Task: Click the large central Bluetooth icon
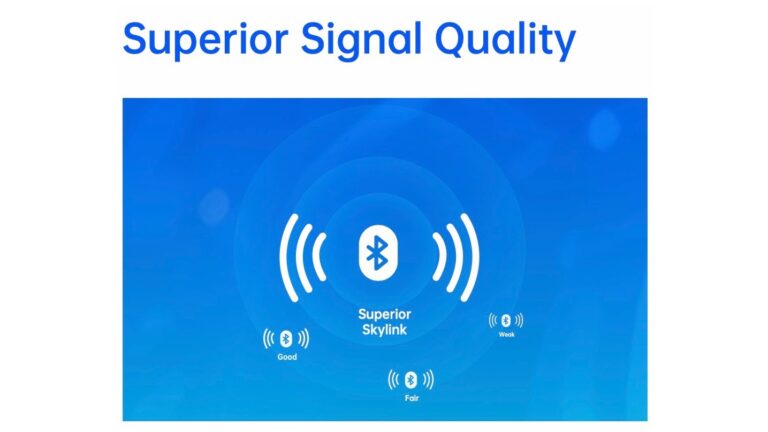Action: [377, 254]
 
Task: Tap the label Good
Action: [287, 357]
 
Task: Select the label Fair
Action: [411, 397]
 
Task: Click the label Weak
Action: [506, 334]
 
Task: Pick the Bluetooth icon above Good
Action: [286, 338]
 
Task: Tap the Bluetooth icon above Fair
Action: [411, 379]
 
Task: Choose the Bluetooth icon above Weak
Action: [506, 320]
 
